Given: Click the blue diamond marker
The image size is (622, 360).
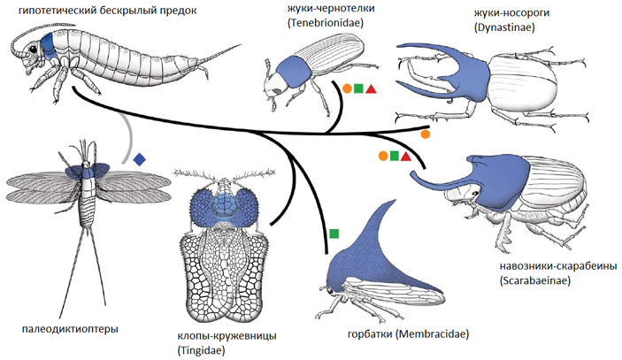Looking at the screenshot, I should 139,160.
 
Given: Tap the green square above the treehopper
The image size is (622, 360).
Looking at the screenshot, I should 334,234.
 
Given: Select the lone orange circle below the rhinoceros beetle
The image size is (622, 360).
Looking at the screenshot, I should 426,135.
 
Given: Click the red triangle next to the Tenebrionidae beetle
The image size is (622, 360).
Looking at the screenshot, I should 372,88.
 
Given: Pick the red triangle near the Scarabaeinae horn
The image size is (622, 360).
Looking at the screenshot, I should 406,157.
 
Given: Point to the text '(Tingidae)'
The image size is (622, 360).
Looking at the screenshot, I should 201,350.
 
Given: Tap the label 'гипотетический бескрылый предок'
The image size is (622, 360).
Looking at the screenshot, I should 101,10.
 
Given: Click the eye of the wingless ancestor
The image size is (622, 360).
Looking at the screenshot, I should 34,46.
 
